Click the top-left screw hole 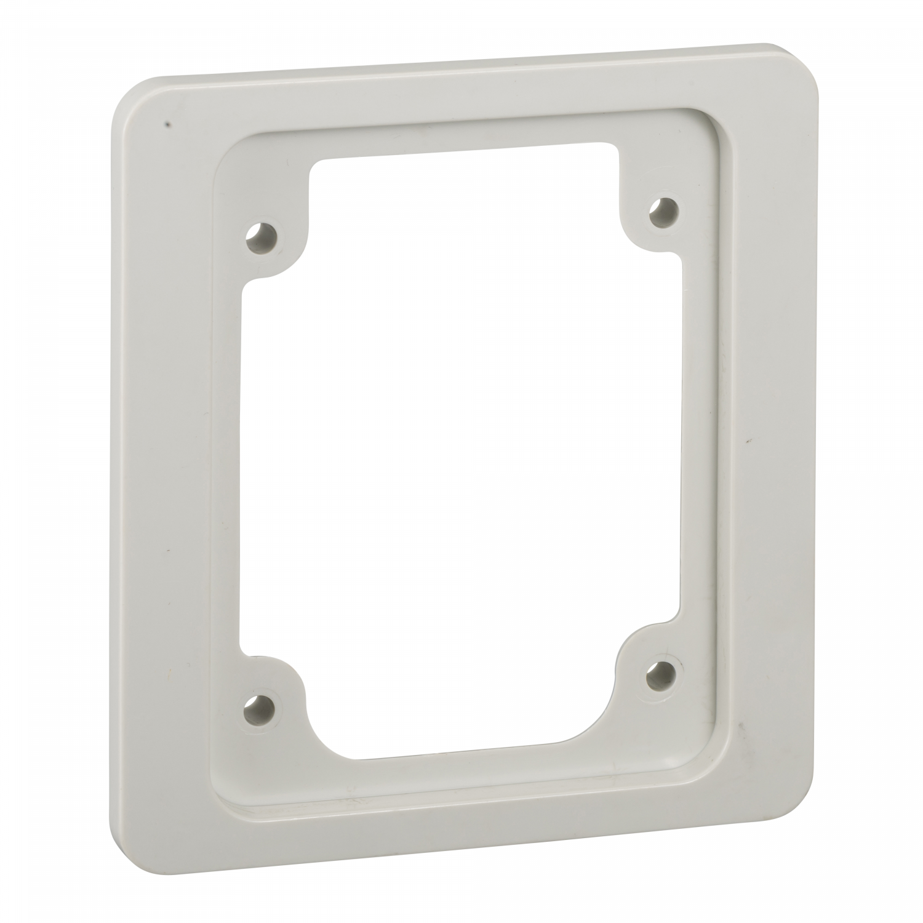pos(261,236)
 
